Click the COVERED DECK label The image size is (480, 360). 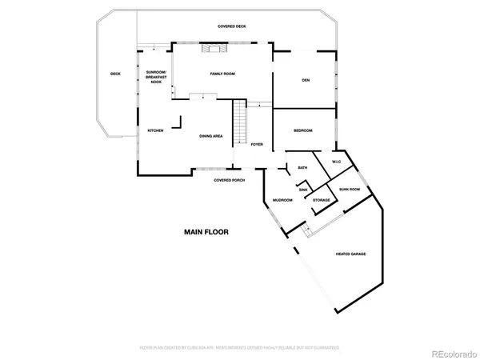point(232,26)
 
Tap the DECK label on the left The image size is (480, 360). point(115,74)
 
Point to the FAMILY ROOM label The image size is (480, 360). point(222,74)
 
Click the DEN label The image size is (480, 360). point(305,80)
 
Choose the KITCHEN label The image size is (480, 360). point(154,130)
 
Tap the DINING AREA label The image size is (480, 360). point(211,136)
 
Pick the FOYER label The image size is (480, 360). point(257,144)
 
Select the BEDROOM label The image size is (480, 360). point(302,130)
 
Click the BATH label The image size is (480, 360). point(302,167)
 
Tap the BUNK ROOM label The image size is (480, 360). point(349,189)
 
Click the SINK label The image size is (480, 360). point(302,190)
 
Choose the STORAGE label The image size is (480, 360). point(322,200)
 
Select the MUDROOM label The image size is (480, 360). point(282,200)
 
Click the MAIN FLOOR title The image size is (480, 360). point(206,232)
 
